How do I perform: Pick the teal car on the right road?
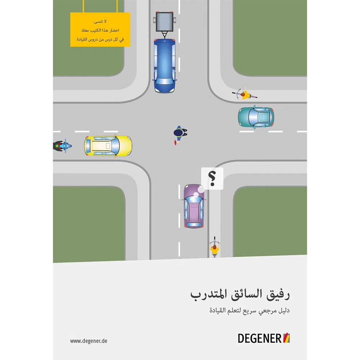coord(256,117)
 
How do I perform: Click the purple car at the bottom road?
coord(194,206)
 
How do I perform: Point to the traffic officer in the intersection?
coord(180,134)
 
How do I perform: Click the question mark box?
coord(212,178)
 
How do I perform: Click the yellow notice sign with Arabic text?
coord(100,30)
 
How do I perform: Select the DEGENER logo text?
coord(260,338)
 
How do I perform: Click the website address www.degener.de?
coord(89,341)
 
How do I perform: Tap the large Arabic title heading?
coord(240,294)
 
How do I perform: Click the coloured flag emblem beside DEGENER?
coord(287,338)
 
